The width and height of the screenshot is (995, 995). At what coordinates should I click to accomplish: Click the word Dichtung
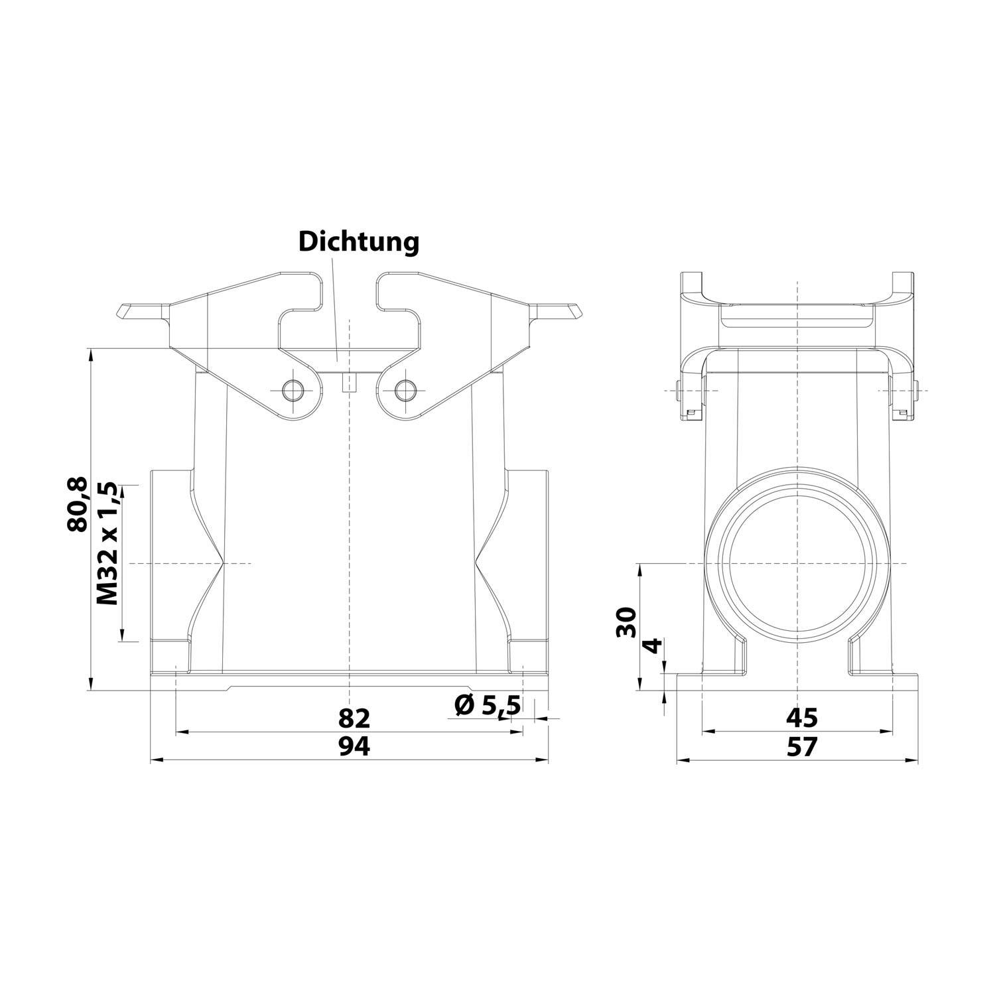tap(358, 242)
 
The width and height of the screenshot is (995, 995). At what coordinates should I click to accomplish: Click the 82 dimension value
tap(354, 718)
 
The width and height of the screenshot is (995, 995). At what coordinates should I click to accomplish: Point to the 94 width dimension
tap(354, 747)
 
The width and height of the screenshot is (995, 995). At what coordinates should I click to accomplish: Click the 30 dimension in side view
tap(626, 622)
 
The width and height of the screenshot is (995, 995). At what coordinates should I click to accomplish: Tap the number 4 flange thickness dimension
tap(653, 645)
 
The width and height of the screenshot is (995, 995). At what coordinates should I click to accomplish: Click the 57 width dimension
tap(801, 747)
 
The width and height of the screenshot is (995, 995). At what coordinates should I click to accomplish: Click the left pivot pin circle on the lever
tap(292, 389)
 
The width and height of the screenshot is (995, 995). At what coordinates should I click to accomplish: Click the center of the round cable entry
tap(797, 563)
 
